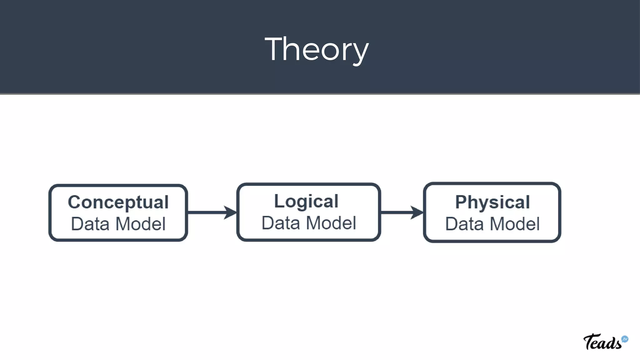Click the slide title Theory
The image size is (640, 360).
click(x=317, y=49)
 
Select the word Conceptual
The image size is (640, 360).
click(x=118, y=202)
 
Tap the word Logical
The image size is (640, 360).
click(x=306, y=201)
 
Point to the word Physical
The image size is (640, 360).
click(x=492, y=202)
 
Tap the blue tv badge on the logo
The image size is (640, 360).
click(x=625, y=339)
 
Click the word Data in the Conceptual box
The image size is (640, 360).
click(x=90, y=224)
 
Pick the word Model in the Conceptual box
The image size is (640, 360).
click(x=140, y=224)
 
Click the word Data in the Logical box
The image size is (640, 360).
click(x=281, y=223)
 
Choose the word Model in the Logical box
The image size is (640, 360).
click(x=331, y=223)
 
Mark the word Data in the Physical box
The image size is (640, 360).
click(x=464, y=224)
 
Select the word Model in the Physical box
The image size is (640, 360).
click(x=515, y=224)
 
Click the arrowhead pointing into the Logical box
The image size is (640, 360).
click(x=231, y=212)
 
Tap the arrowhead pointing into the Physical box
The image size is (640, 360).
click(x=417, y=212)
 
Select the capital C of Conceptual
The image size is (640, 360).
click(x=75, y=202)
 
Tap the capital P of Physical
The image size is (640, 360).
click(x=462, y=202)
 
